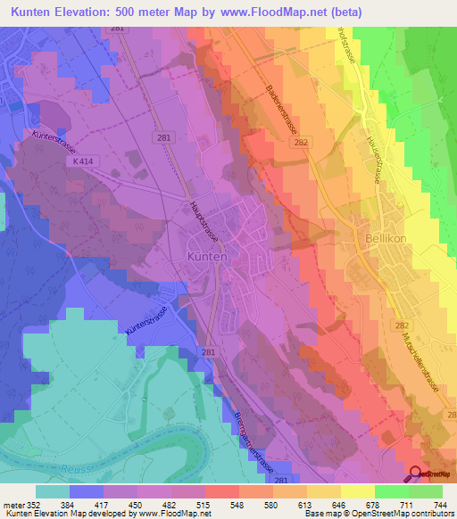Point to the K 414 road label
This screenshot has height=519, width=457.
85,161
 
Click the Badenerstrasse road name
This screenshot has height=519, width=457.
282,111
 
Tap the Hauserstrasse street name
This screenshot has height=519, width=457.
375,152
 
